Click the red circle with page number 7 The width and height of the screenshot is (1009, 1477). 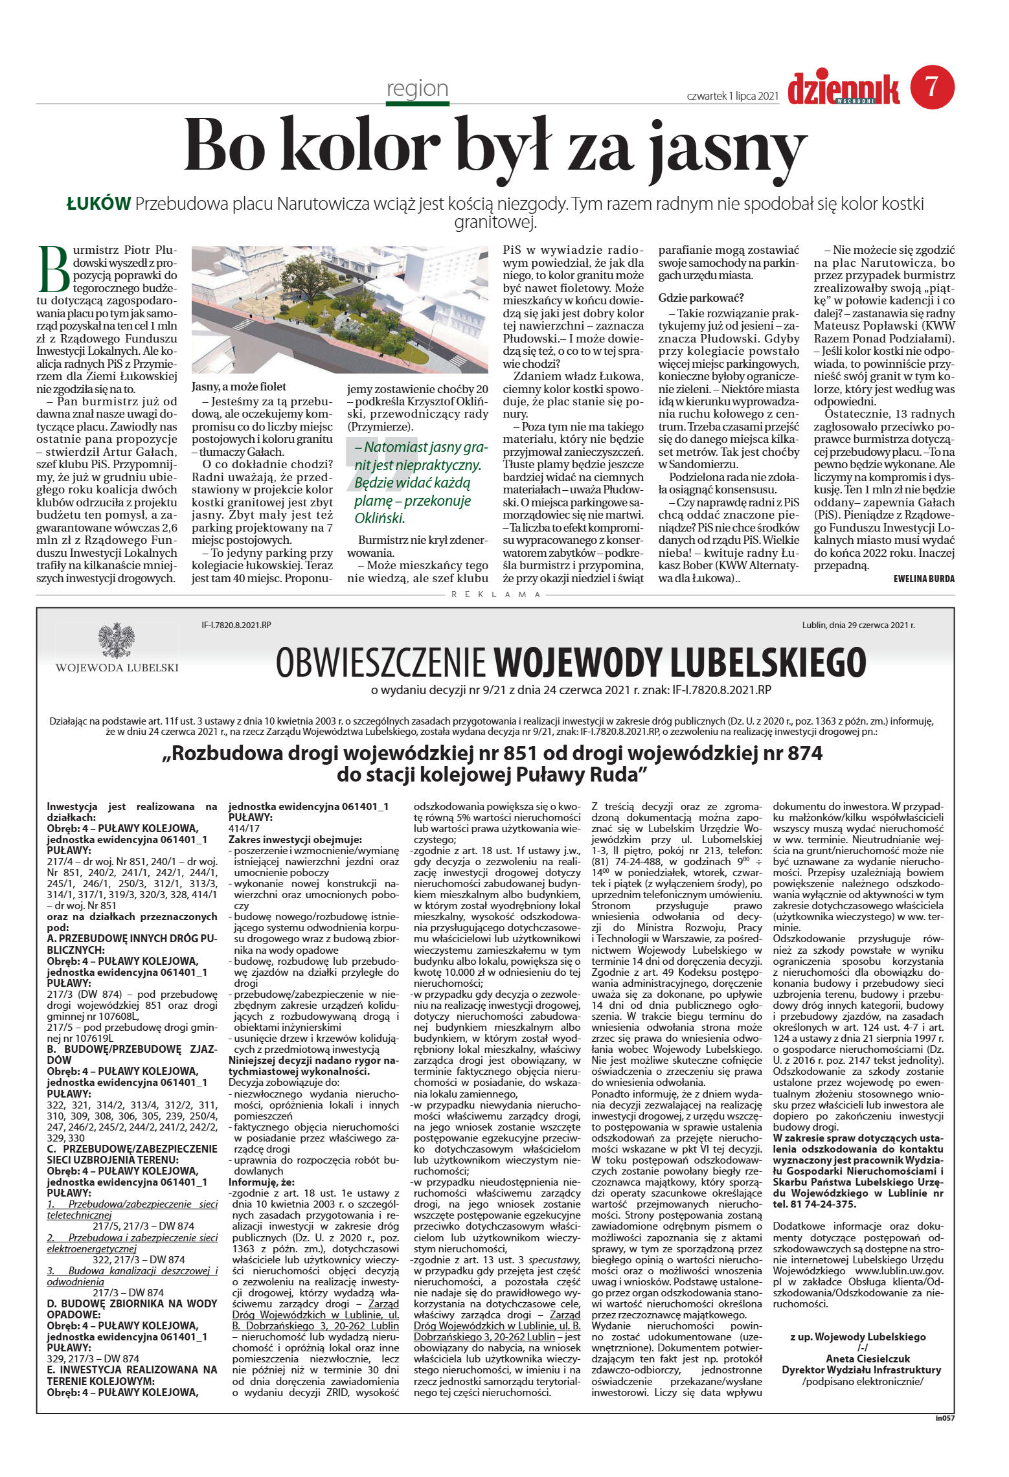pyautogui.click(x=932, y=87)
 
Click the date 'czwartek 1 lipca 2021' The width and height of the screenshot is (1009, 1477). pyautogui.click(x=731, y=96)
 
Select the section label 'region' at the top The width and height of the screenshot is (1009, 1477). pyautogui.click(x=417, y=88)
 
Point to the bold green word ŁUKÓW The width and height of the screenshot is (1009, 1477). pyautogui.click(x=99, y=204)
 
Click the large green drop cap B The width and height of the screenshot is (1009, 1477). pyautogui.click(x=53, y=269)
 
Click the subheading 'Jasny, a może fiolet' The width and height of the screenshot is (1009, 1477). pyautogui.click(x=239, y=387)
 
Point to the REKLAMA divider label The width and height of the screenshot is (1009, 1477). pyautogui.click(x=495, y=594)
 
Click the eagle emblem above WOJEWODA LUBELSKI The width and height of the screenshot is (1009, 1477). pyautogui.click(x=117, y=641)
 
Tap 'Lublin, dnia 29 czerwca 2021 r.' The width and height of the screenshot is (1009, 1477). pyautogui.click(x=858, y=625)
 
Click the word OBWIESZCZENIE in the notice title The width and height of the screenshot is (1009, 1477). pyautogui.click(x=381, y=662)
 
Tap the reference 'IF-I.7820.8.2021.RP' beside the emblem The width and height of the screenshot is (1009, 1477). pyautogui.click(x=236, y=626)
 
